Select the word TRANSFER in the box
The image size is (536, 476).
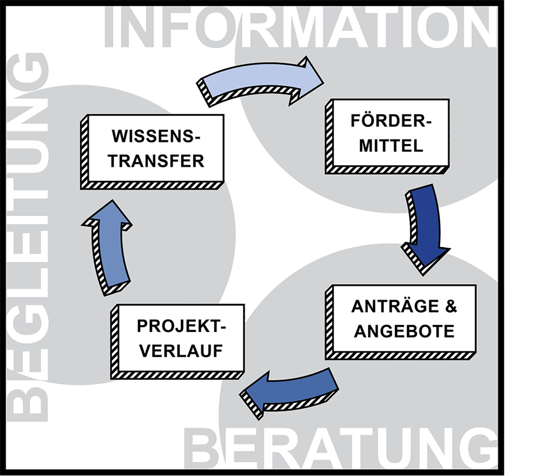coord(156,161)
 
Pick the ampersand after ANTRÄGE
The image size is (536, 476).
coord(450,307)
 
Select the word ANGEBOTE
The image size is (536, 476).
coord(404,331)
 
